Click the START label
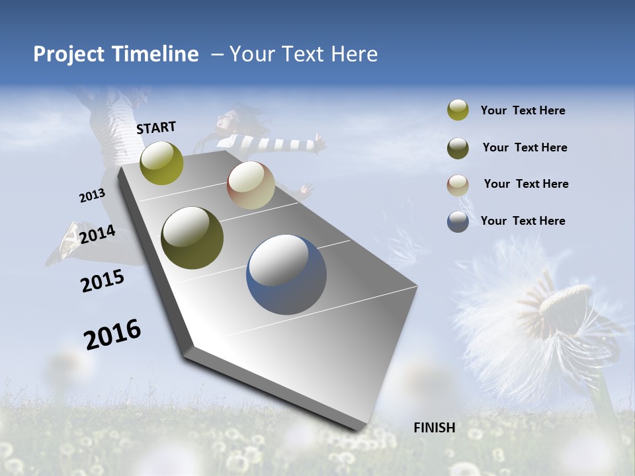pyautogui.click(x=156, y=128)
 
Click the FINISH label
pyautogui.click(x=434, y=428)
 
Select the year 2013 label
pyautogui.click(x=92, y=195)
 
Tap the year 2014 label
pyautogui.click(x=97, y=234)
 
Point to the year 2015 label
pyautogui.click(x=103, y=281)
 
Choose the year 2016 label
pyautogui.click(x=112, y=334)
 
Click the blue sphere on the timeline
pyautogui.click(x=286, y=274)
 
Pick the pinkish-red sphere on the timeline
pyautogui.click(x=251, y=185)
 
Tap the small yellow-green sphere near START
pyautogui.click(x=162, y=163)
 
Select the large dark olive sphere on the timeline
pyautogui.click(x=192, y=238)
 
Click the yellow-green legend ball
pyautogui.click(x=458, y=110)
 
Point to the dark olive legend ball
pyautogui.click(x=458, y=147)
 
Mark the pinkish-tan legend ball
pyautogui.click(x=458, y=184)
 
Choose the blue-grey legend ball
pyautogui.click(x=458, y=221)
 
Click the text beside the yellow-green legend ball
pyautogui.click(x=523, y=111)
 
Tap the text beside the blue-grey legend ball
pyautogui.click(x=523, y=221)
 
